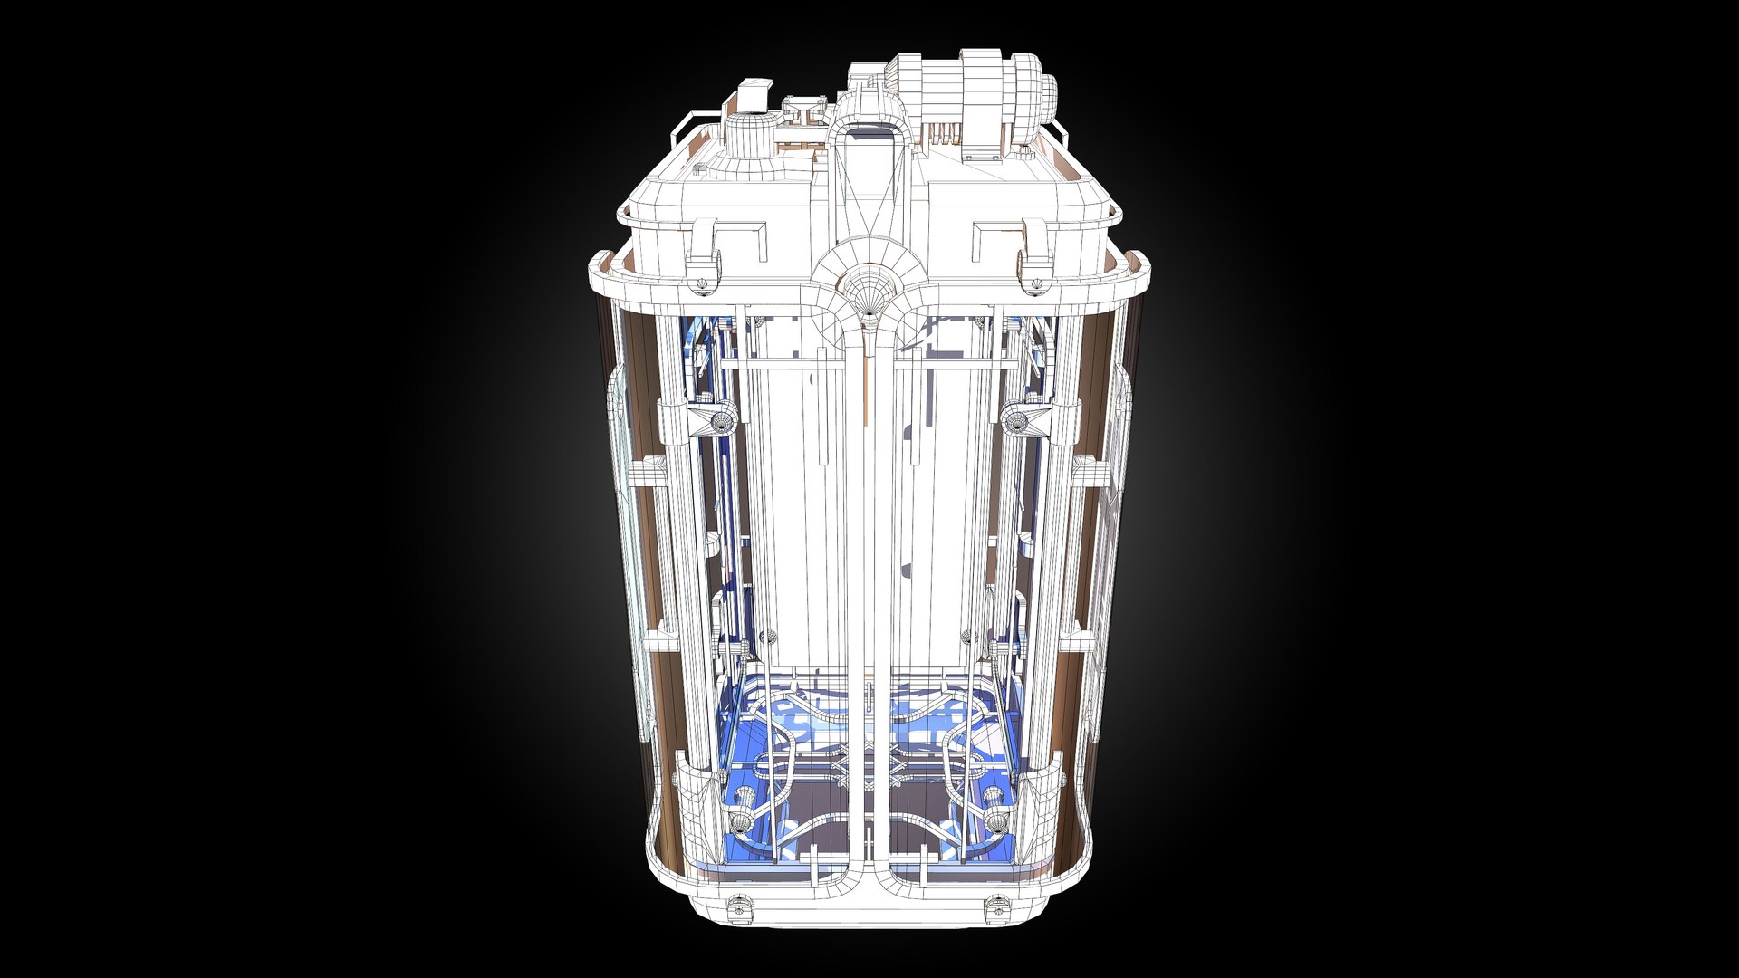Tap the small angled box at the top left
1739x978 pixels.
pos(754,94)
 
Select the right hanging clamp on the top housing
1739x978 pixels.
pos(1033,263)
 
